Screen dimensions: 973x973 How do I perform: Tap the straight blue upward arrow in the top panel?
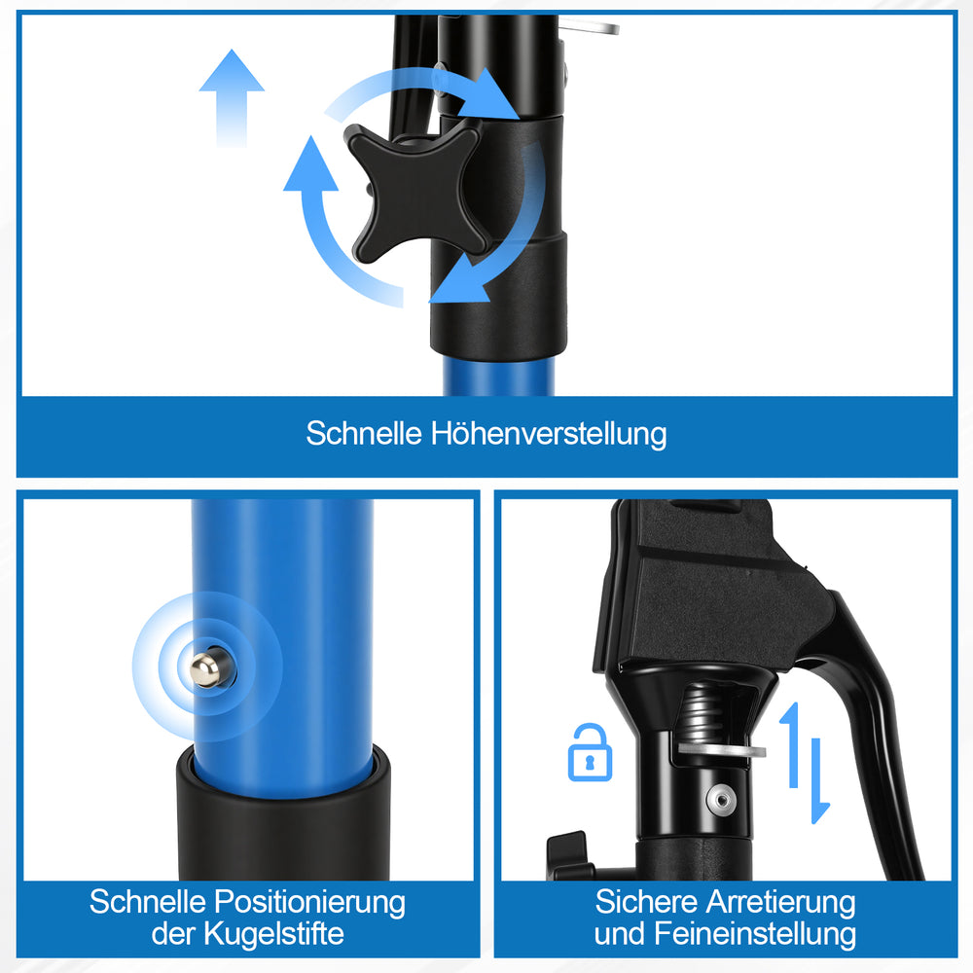point(232,98)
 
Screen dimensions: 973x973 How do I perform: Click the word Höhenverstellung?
point(549,434)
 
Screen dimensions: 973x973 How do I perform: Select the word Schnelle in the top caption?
point(364,433)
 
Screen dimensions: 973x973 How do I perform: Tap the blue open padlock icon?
point(590,752)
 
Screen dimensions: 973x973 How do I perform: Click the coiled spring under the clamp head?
point(705,710)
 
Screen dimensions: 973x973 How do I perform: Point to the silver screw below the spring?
point(720,798)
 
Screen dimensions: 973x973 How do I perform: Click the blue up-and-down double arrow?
point(805,763)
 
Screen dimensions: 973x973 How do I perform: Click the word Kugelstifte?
point(273,933)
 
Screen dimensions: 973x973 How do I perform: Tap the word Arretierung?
point(780,903)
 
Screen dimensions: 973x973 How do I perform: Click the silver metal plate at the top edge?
point(590,28)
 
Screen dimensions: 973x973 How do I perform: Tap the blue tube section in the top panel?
point(498,376)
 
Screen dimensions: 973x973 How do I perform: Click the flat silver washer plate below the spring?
point(721,749)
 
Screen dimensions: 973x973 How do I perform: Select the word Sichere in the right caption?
point(647,902)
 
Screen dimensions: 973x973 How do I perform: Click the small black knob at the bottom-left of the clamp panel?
point(568,855)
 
